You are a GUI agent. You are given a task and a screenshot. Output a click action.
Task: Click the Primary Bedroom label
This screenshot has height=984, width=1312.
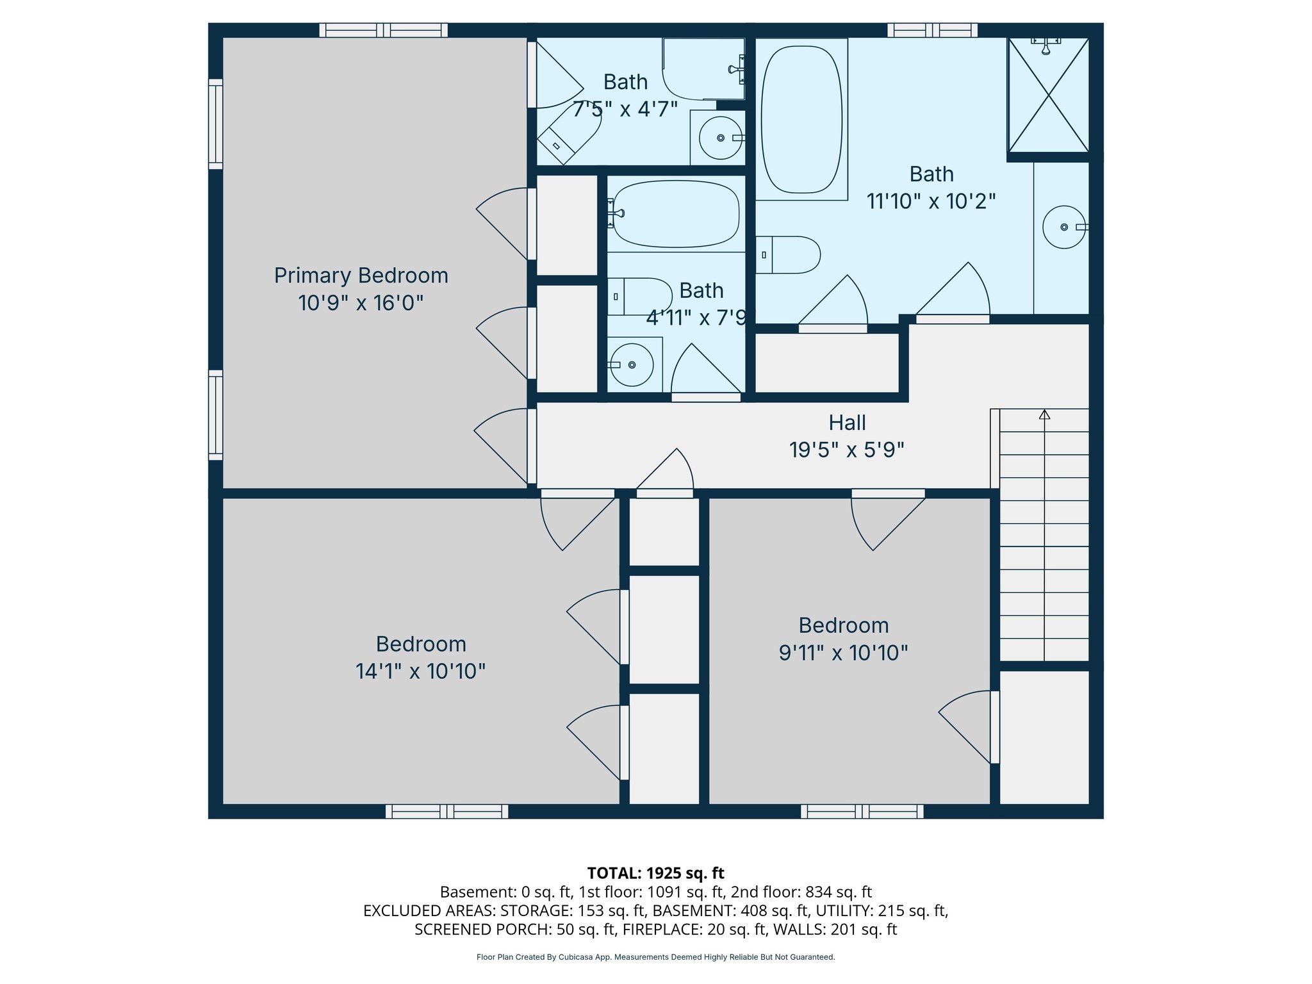coord(361,275)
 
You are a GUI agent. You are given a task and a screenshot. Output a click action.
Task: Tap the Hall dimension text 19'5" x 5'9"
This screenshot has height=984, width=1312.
coord(846,450)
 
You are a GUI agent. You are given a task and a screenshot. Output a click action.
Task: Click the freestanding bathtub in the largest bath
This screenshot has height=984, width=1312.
coord(801,120)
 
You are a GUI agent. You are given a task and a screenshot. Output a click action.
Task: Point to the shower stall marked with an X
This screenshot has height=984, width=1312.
coord(1048,95)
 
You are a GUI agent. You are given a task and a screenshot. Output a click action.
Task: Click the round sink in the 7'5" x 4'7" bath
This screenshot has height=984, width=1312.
coord(720,138)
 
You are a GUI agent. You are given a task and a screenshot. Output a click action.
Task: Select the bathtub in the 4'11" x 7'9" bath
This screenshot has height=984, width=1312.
coord(676,214)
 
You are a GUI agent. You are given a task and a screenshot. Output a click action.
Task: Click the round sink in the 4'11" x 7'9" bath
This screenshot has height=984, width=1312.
coord(632,365)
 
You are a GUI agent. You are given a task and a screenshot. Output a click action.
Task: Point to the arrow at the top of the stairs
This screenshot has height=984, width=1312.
coord(1044,414)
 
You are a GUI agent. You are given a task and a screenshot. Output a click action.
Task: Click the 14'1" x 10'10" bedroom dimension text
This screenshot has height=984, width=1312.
coord(420,671)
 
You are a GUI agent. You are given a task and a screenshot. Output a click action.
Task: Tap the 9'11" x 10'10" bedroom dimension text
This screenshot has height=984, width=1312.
coord(843,653)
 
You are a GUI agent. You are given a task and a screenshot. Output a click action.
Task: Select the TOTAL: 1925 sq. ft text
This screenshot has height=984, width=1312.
coord(655,873)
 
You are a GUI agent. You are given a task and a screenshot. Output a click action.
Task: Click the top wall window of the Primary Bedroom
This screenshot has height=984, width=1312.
coord(383,30)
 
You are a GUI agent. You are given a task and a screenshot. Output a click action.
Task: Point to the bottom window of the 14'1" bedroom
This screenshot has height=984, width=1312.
coord(447,812)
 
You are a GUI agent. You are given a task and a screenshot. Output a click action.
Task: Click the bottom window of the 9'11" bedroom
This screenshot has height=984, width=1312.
coord(862,812)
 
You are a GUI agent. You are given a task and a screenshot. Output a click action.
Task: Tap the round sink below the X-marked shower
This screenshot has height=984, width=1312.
coord(1063,227)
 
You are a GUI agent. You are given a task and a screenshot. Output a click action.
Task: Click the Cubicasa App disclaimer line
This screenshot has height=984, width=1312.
coord(655,957)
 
